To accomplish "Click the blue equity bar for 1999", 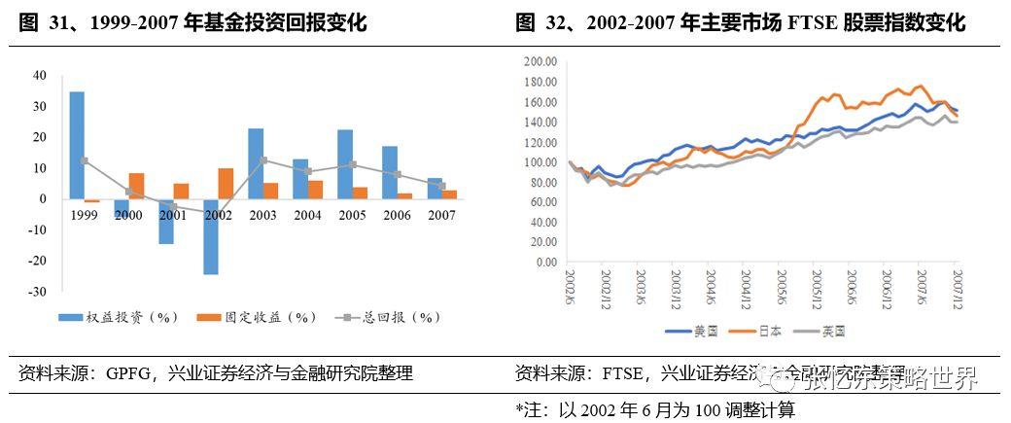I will (77, 145).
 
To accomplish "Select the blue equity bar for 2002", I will (210, 236).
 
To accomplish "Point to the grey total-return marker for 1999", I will (85, 160).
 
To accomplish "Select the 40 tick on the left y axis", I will (40, 75).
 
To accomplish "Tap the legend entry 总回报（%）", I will (385, 317).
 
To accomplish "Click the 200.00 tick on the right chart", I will (538, 60).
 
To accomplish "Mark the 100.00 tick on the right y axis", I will (538, 162).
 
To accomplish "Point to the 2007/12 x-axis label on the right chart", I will (957, 289).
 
